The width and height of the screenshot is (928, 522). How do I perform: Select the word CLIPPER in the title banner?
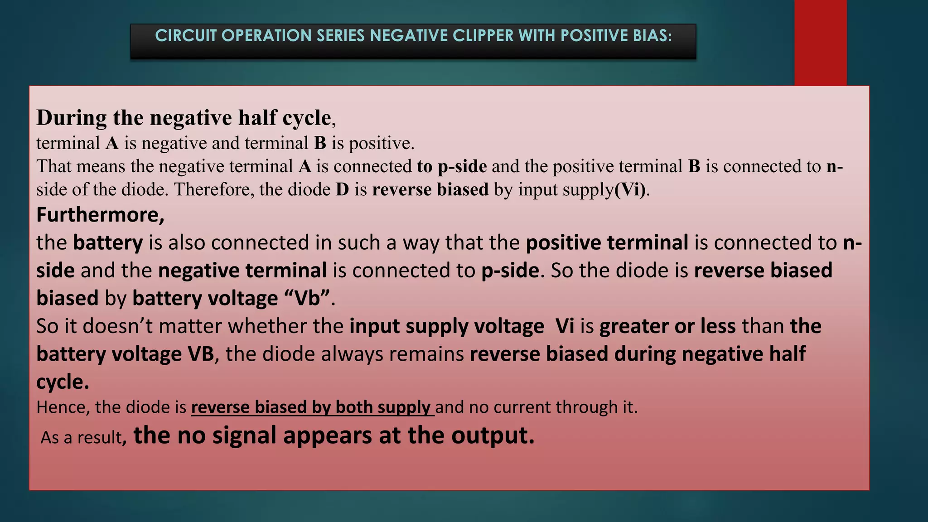click(478, 35)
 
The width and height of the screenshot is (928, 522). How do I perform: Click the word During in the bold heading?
click(72, 118)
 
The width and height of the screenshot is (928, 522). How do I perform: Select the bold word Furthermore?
click(100, 215)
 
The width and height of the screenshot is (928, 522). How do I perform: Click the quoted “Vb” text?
click(307, 298)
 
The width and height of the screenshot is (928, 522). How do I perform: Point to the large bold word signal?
click(245, 435)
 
